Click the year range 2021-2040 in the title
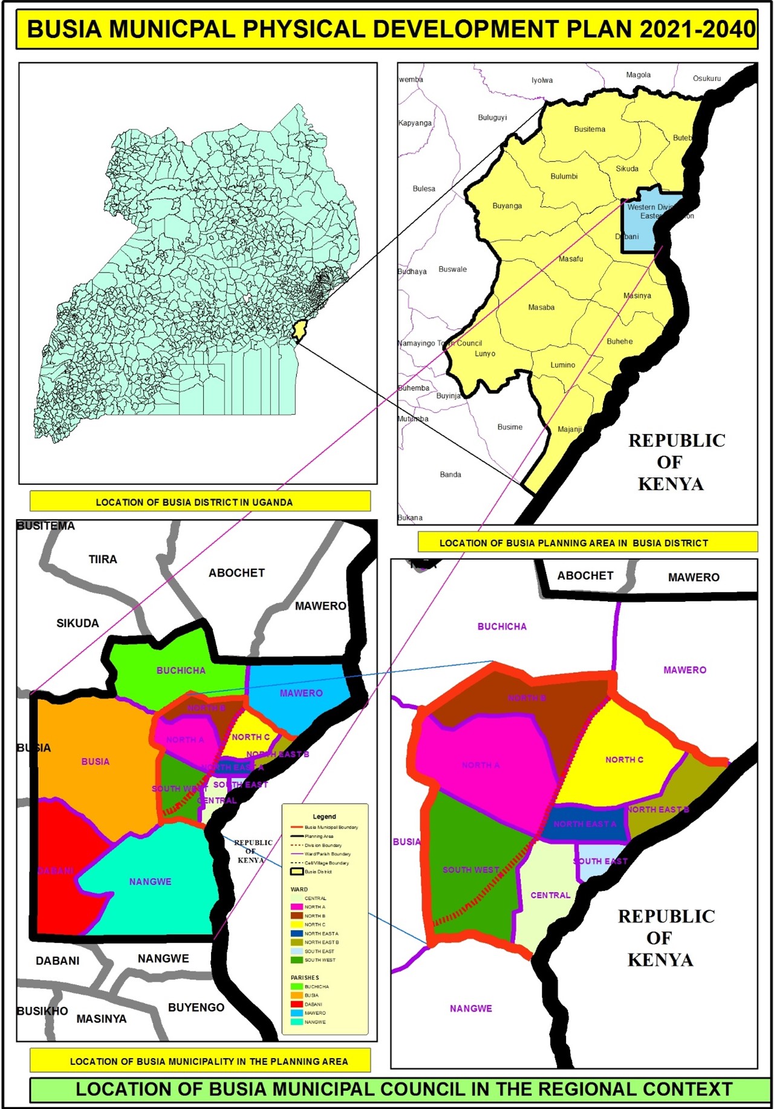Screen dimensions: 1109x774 click(697, 30)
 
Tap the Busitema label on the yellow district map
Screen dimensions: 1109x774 click(590, 129)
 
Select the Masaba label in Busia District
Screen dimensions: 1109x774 click(541, 308)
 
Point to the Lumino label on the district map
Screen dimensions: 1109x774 click(562, 365)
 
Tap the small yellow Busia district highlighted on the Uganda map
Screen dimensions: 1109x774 click(299, 331)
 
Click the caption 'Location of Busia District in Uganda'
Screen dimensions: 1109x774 click(194, 502)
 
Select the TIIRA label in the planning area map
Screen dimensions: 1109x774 click(103, 560)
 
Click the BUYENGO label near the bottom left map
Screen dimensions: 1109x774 click(196, 1007)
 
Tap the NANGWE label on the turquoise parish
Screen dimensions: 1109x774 click(150, 882)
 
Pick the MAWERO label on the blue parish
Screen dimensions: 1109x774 click(301, 693)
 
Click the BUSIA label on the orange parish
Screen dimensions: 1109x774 click(96, 761)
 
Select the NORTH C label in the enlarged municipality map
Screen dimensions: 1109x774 click(624, 760)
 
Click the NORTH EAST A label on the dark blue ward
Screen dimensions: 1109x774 click(585, 824)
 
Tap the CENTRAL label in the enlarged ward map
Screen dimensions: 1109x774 click(550, 895)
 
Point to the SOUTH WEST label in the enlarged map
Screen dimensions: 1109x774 click(470, 870)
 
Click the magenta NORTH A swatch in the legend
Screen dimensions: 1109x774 click(296, 907)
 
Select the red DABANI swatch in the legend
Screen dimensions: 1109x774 click(296, 1004)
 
